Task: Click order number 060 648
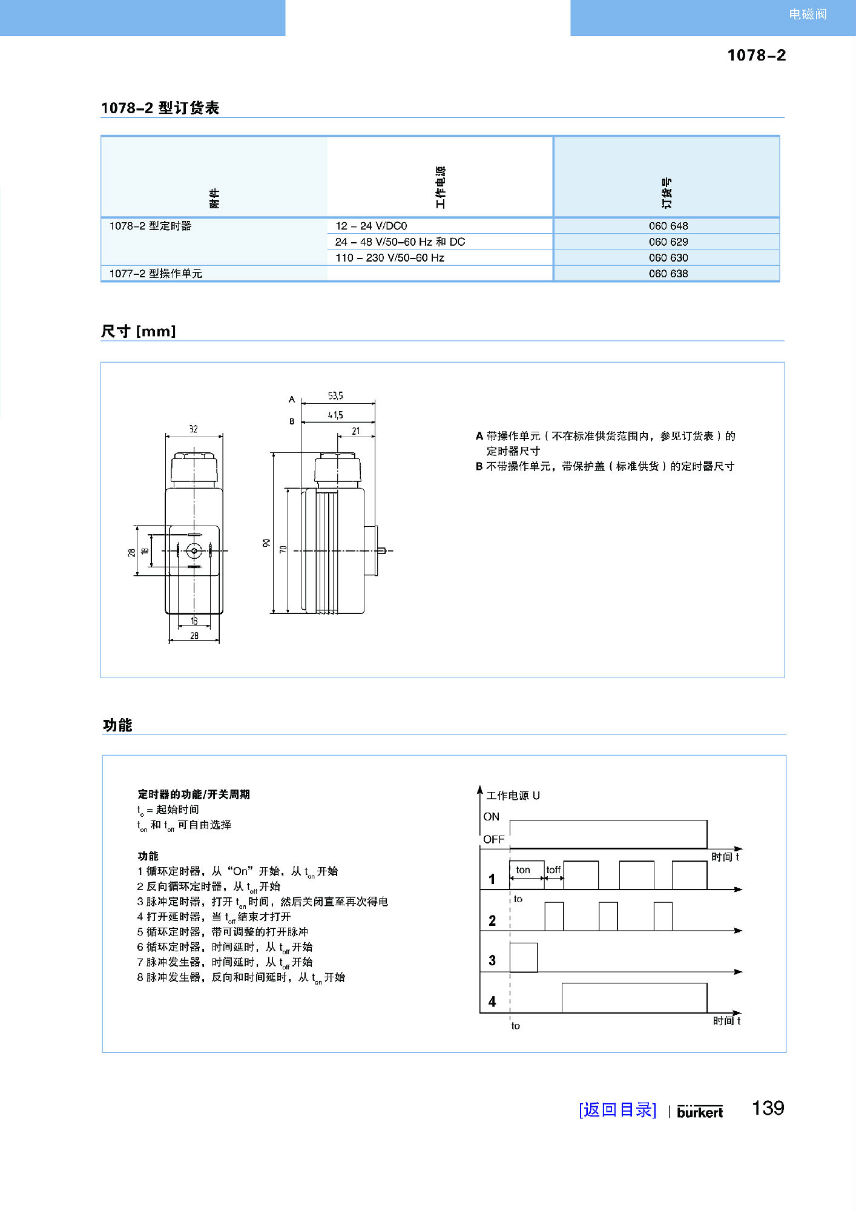668,226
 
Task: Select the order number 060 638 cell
668,274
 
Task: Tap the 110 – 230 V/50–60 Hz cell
390,258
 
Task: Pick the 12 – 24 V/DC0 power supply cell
371,226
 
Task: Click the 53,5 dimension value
335,396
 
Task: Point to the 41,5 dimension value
335,415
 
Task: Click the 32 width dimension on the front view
193,429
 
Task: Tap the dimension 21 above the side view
356,431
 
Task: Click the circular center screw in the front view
194,551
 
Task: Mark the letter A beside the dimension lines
292,400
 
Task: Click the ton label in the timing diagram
523,870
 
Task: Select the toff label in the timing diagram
553,870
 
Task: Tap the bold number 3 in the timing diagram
492,960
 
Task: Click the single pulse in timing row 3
524,957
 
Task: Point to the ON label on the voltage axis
491,817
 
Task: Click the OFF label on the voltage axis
493,839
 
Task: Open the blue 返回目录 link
617,1110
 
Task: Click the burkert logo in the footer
700,1112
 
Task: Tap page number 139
768,1108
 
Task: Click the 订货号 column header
667,193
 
